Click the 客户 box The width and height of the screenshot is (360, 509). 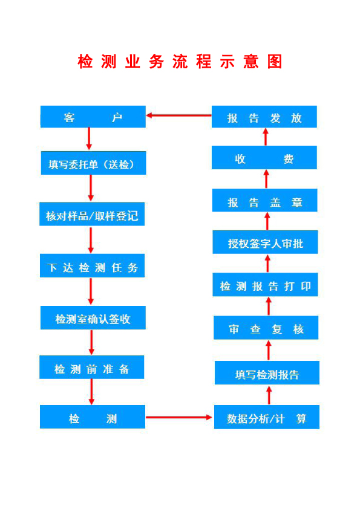(x=93, y=117)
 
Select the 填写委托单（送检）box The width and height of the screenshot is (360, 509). (x=94, y=163)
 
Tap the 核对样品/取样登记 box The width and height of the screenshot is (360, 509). (x=92, y=214)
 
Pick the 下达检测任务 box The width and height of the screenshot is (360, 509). (x=93, y=265)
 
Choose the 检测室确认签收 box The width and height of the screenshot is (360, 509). (x=93, y=317)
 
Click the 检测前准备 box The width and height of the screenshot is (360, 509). (x=91, y=367)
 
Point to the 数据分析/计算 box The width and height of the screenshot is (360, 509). (x=267, y=417)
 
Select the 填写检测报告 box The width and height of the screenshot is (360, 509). (x=267, y=372)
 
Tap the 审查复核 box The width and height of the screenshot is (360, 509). (x=266, y=328)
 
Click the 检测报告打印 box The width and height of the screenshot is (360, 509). (x=265, y=285)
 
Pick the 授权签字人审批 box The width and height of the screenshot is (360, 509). (x=265, y=242)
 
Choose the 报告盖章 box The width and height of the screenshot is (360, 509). (x=265, y=200)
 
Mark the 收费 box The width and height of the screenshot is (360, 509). (x=264, y=157)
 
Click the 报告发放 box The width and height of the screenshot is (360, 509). (x=264, y=117)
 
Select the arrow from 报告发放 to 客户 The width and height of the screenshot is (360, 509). (x=178, y=115)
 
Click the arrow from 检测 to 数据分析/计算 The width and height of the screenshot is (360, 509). (x=179, y=417)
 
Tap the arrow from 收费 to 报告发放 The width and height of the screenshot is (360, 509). (x=266, y=137)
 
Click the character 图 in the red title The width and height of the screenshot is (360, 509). (x=275, y=61)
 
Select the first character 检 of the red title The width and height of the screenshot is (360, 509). (x=85, y=61)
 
